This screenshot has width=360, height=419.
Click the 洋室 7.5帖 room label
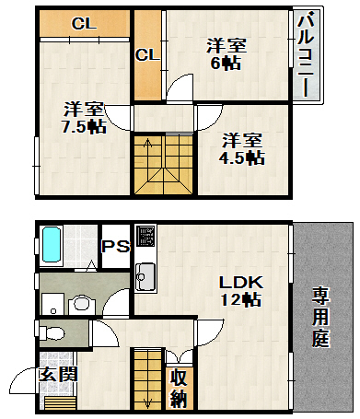[85, 119]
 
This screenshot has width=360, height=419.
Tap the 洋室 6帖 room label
[226, 54]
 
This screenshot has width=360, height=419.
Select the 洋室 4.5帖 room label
[242, 149]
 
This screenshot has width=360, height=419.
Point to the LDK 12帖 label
[241, 291]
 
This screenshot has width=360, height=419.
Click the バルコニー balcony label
[307, 54]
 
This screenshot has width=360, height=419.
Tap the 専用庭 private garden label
[320, 317]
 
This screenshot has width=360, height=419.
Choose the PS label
[116, 246]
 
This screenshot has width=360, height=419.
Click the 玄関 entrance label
[58, 374]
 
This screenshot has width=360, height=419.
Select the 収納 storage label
[179, 388]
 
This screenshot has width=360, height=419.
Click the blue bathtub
[52, 244]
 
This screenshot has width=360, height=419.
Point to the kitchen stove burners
[145, 236]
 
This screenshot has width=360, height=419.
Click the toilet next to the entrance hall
[52, 333]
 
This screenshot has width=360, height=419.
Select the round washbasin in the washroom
[81, 304]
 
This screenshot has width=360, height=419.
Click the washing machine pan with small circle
[52, 304]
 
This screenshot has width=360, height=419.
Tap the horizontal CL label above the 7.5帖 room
[84, 23]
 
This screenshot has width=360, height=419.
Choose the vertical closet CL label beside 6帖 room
[148, 55]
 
